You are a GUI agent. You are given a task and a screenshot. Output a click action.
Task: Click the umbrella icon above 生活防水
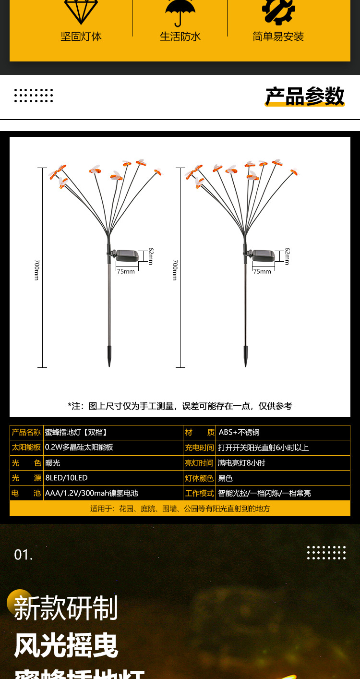tap(180, 12)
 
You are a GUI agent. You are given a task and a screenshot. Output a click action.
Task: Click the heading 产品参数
tap(305, 97)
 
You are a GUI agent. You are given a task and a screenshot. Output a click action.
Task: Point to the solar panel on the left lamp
tap(127, 256)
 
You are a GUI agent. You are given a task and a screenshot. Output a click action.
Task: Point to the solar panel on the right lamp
tap(264, 256)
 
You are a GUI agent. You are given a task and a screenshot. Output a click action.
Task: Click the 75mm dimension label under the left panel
tap(126, 271)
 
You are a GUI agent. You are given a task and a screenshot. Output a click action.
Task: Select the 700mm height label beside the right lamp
tap(175, 270)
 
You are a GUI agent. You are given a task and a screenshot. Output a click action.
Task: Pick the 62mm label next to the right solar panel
tap(287, 256)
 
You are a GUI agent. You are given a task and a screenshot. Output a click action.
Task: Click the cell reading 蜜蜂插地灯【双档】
tap(76, 432)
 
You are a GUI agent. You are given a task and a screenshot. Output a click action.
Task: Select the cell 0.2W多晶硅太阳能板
tap(79, 447)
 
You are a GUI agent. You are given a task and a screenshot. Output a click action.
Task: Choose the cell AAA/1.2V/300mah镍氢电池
tap(92, 493)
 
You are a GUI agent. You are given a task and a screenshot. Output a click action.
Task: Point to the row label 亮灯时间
tap(199, 463)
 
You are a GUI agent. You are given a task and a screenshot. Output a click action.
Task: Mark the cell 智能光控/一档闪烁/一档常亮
tap(264, 493)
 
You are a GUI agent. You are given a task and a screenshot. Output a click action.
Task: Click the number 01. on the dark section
tap(24, 555)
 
